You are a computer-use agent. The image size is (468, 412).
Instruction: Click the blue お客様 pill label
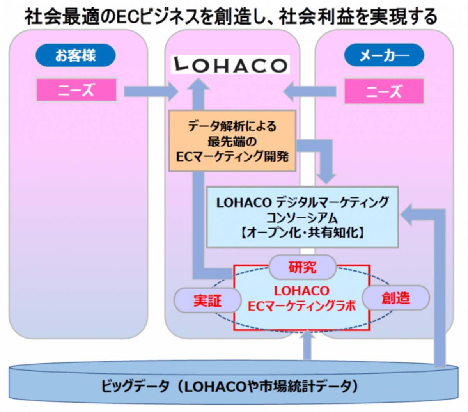(x=76, y=55)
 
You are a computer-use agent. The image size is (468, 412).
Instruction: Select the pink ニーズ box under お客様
(x=76, y=90)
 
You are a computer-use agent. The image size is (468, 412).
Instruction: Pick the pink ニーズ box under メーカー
(x=384, y=91)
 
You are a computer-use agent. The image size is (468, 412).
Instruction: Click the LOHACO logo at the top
(x=230, y=65)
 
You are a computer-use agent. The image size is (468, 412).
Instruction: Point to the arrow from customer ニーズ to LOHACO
(x=150, y=92)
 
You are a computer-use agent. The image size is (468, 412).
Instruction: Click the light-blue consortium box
(x=302, y=217)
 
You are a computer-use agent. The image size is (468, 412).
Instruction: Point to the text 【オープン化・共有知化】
(x=302, y=233)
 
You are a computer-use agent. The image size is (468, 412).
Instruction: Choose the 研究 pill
(x=302, y=268)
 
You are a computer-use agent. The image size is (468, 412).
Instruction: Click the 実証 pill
(x=207, y=300)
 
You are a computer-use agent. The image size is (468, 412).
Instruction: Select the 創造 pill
(x=396, y=298)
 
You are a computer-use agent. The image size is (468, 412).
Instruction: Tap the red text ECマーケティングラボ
(x=302, y=307)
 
